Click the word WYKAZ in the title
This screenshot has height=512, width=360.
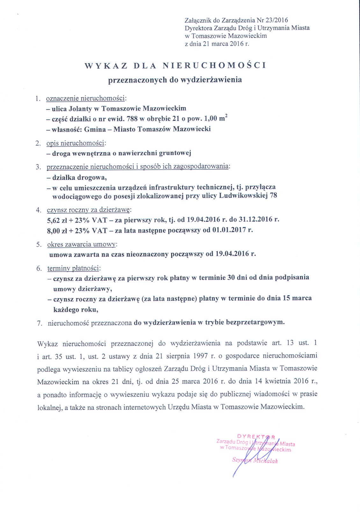pyautogui.click(x=106, y=66)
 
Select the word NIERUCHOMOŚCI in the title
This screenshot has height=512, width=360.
pyautogui.click(x=214, y=66)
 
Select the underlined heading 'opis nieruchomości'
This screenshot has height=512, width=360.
pyautogui.click(x=76, y=143)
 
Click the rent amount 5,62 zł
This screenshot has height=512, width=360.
pyautogui.click(x=57, y=220)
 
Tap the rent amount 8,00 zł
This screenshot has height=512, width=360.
pyautogui.click(x=57, y=231)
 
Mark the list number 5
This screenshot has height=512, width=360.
pyautogui.click(x=39, y=245)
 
